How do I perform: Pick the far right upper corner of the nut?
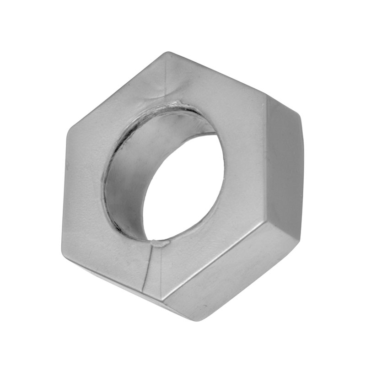click(x=300, y=114)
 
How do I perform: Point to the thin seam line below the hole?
click(x=149, y=270)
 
